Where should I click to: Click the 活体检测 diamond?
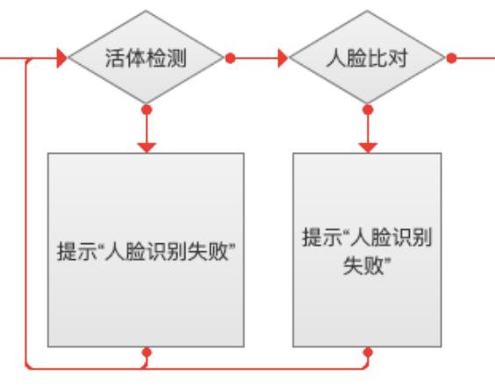coord(146,57)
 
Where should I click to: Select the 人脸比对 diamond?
coord(367,57)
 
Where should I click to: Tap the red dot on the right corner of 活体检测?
coord(231,58)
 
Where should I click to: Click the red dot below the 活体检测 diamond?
coord(147,110)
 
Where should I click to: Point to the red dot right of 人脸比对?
coord(452,58)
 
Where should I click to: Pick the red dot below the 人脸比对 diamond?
coord(368,110)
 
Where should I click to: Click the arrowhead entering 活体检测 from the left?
coord(61,58)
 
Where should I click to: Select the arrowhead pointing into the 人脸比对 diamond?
coord(283,58)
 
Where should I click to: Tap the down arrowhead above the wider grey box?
coord(147,148)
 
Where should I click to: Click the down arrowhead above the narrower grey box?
coord(368,148)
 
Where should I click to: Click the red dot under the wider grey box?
coord(147,352)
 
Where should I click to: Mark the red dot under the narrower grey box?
coord(368,352)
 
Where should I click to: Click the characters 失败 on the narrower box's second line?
coord(363,265)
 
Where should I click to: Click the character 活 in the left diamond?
coord(115,58)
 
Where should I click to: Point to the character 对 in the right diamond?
coord(397,58)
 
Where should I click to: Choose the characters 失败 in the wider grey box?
coord(208,251)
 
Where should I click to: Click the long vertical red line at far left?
coord(25,213)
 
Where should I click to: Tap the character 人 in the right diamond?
coord(336,58)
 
